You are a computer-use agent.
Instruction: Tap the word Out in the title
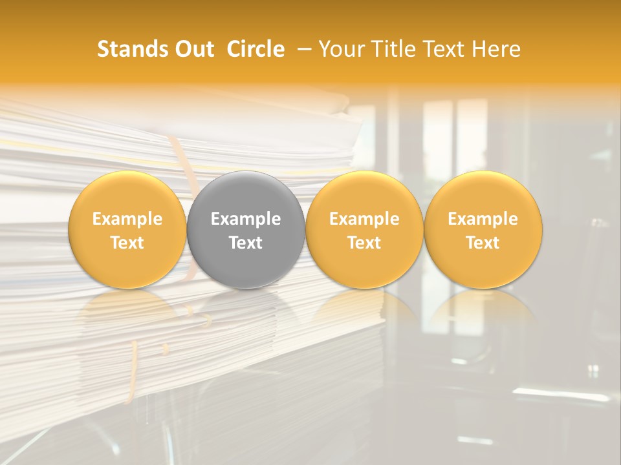[193, 49]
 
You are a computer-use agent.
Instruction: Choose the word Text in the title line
[441, 49]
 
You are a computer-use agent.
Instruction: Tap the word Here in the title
[496, 49]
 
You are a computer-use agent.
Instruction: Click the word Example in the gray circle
[246, 219]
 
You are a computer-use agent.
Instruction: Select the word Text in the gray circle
[246, 243]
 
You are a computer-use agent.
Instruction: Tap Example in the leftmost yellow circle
[127, 219]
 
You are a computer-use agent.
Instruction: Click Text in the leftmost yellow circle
[127, 243]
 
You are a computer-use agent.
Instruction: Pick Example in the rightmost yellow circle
[483, 219]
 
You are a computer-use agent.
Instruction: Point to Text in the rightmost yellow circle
[483, 243]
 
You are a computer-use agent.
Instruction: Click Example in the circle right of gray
[364, 219]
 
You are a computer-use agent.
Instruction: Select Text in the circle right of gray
[364, 243]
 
